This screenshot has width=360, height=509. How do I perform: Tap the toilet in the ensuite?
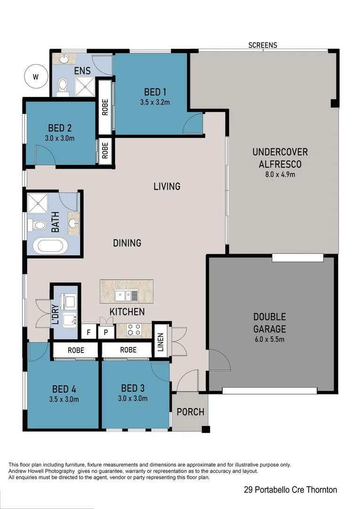pyautogui.click(x=63, y=87)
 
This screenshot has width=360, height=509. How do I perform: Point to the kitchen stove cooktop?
pyautogui.click(x=133, y=330)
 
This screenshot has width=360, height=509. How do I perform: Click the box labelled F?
pyautogui.click(x=89, y=332)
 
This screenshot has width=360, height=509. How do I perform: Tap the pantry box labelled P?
pyautogui.click(x=106, y=332)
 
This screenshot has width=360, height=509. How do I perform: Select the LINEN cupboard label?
pyautogui.click(x=160, y=342)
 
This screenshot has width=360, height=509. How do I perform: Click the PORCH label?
pyautogui.click(x=190, y=412)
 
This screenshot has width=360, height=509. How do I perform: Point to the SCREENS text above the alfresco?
pyautogui.click(x=263, y=45)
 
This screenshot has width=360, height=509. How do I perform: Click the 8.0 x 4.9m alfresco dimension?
pyautogui.click(x=280, y=174)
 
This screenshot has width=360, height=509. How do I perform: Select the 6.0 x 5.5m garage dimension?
pyautogui.click(x=269, y=339)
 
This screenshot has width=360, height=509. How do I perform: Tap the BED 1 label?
pyautogui.click(x=155, y=92)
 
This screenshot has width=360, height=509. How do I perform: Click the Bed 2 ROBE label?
pyautogui.click(x=105, y=150)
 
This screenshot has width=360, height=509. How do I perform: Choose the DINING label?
pyautogui.click(x=127, y=243)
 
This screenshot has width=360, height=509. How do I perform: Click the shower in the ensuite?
pyautogui.click(x=85, y=86)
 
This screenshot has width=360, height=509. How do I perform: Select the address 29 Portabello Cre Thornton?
pyautogui.click(x=290, y=490)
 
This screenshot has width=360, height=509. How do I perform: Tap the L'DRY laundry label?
pyautogui.click(x=55, y=315)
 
